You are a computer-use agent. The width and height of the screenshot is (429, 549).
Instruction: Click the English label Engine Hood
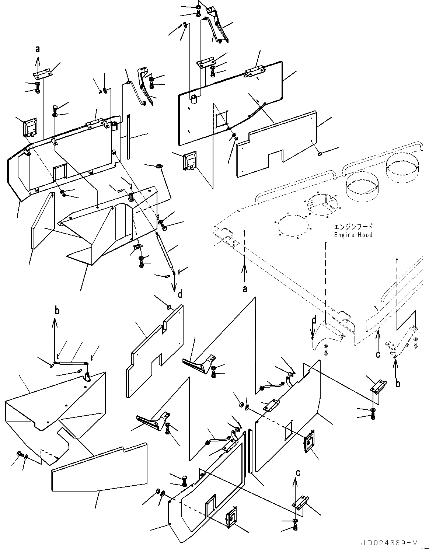click(353, 235)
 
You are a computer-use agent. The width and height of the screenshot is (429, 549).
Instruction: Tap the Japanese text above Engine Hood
click(353, 227)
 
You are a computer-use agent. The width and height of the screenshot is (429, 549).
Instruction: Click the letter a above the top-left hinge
click(38, 49)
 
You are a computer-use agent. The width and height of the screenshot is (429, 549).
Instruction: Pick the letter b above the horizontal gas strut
click(56, 311)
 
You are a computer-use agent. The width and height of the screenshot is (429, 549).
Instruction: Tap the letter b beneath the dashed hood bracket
click(398, 384)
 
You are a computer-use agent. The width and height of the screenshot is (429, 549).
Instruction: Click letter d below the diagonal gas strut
click(180, 294)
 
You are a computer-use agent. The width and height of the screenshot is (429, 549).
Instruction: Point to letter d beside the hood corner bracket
click(314, 320)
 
